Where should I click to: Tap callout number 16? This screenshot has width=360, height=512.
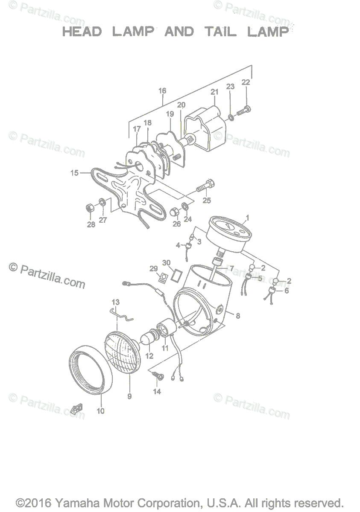[162, 91]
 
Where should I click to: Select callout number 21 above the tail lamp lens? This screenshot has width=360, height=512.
[214, 92]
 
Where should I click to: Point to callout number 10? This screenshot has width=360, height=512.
[101, 411]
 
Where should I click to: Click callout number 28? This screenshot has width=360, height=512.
[91, 225]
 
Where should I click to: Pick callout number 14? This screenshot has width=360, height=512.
[157, 392]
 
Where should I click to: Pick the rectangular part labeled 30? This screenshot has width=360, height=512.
[176, 274]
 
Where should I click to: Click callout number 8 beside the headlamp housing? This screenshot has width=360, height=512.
[238, 316]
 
